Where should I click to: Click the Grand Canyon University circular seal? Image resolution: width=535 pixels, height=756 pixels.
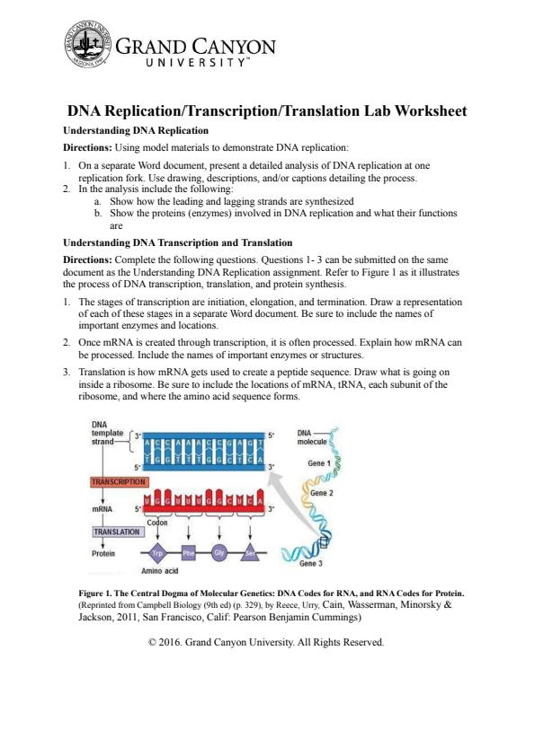point(87,43)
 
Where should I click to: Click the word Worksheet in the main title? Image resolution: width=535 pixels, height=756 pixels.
point(431,111)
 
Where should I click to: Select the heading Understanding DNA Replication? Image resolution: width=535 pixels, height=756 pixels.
point(136,131)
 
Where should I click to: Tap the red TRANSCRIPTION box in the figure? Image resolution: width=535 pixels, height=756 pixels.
point(119,481)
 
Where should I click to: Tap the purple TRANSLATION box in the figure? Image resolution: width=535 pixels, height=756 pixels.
point(117,532)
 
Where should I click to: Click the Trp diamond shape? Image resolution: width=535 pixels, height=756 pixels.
point(157,553)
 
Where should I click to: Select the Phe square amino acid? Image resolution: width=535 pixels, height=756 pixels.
point(188,553)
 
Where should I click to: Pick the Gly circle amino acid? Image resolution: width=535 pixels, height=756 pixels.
point(219,552)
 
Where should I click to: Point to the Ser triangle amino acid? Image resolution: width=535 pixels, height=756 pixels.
point(250,553)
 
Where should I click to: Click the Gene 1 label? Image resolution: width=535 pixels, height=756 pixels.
point(319,463)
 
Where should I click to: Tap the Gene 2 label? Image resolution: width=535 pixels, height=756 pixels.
point(322,493)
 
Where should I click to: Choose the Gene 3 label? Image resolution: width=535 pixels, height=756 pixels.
point(311,563)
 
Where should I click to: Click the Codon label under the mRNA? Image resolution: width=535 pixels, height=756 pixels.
point(157,523)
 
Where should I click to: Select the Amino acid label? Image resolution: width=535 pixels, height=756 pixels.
point(160,571)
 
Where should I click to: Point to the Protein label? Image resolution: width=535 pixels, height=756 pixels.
point(103,553)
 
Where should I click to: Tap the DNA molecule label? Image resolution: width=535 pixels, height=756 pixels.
point(312,437)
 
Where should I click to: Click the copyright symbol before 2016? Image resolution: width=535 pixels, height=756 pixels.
point(153,642)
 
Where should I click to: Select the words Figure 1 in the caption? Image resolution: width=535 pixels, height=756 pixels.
point(94,593)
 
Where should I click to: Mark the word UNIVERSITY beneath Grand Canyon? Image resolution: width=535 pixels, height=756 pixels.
point(197,63)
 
